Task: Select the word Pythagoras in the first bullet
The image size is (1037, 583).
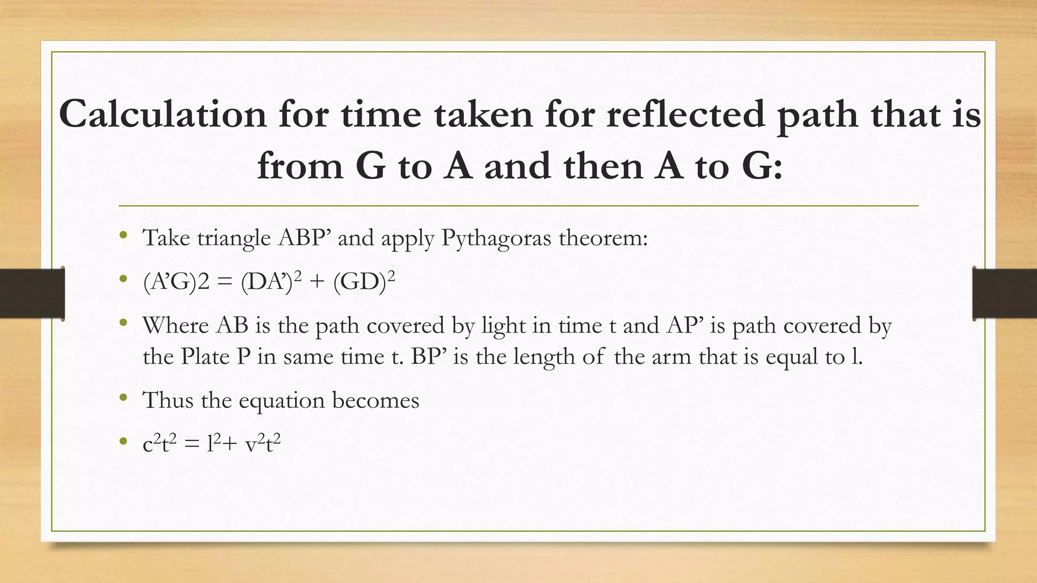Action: tap(496, 238)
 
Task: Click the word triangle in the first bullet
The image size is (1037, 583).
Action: tap(233, 238)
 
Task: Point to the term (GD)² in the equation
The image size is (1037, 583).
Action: tap(364, 281)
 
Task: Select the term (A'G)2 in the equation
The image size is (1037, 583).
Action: tap(176, 281)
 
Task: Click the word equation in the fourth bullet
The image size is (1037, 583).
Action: tap(282, 400)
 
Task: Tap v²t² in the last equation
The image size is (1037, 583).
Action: tap(262, 444)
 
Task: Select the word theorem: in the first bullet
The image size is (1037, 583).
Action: tap(603, 238)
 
